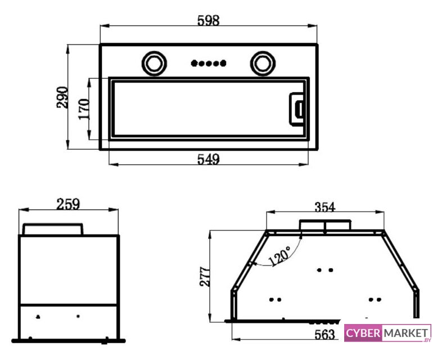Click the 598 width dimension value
209,20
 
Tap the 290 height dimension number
62,97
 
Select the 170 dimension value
84,109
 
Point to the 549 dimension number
209,159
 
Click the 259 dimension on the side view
68,204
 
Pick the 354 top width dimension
325,207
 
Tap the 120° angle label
280,256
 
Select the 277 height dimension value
205,277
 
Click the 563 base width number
325,334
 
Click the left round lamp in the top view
155,63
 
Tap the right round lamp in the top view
263,63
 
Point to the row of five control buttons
209,63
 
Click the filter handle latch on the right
297,109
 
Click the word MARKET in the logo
406,332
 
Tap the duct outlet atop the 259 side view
53,229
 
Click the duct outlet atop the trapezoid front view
325,225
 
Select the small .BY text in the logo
427,340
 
